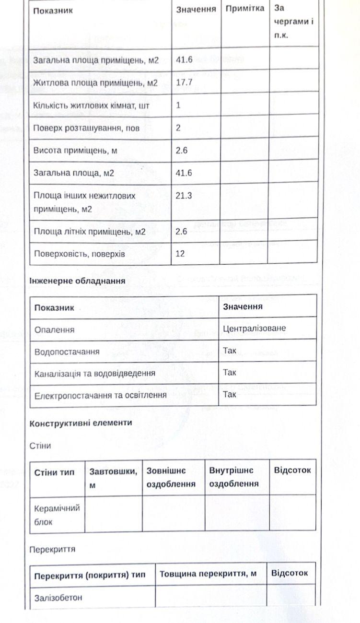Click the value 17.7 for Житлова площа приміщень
click(184, 82)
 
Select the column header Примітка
click(244, 9)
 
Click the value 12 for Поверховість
click(180, 254)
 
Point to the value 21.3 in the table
click(184, 196)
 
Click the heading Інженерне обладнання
click(77, 281)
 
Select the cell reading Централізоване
click(254, 329)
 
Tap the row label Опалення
click(55, 330)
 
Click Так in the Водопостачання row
click(230, 351)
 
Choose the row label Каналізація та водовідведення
click(94, 373)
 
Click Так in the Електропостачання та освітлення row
click(230, 394)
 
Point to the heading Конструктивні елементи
click(81, 423)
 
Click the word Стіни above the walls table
click(40, 446)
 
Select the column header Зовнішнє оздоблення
click(171, 477)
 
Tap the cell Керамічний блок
click(57, 515)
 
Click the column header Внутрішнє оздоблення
click(234, 477)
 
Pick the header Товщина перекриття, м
click(208, 574)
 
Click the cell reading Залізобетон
click(58, 598)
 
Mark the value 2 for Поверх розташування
click(178, 128)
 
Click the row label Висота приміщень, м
click(75, 151)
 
